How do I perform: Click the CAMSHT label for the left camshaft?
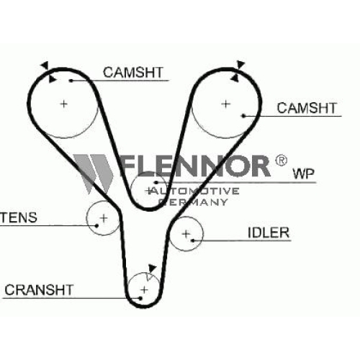133,72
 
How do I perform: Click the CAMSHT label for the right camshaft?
307,108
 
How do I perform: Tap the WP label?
304,174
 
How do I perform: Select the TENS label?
19,217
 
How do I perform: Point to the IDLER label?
269,233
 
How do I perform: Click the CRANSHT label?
39,289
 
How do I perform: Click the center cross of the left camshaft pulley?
63,104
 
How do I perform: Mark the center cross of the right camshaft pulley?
225,104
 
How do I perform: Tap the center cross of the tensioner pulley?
104,218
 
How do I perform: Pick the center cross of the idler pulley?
186,234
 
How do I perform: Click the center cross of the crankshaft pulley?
144,290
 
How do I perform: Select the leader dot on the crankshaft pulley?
140,298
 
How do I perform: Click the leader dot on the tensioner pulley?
96,225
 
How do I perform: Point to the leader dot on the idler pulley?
192,240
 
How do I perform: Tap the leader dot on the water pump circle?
156,183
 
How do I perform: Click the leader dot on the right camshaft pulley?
243,116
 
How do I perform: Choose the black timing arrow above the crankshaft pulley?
152,268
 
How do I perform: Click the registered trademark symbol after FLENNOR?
281,160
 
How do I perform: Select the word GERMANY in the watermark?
193,202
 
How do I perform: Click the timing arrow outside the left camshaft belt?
45,66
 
